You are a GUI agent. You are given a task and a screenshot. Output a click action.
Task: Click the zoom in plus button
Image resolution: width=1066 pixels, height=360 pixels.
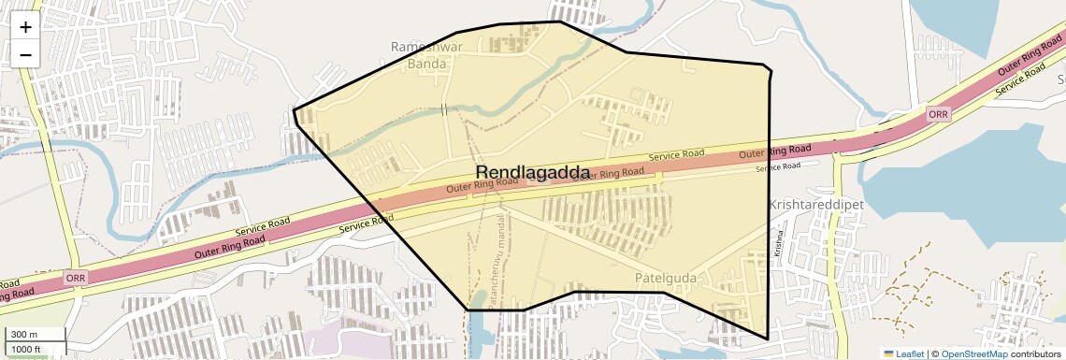click(x=25, y=27)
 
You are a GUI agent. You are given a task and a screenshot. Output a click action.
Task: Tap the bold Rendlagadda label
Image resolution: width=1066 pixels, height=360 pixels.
click(x=533, y=173)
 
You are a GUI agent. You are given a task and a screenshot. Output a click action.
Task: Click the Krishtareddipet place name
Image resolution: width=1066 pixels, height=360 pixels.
click(x=814, y=204)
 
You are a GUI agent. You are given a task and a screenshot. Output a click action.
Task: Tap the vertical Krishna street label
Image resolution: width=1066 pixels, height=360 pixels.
click(x=776, y=242)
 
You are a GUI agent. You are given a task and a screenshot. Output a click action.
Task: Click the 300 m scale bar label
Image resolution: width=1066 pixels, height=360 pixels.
click(x=24, y=335)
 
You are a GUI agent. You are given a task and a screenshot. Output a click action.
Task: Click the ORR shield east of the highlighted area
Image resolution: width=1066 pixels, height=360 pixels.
click(x=938, y=113)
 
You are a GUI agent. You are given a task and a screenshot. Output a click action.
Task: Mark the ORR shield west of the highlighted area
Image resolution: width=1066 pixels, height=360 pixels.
click(x=77, y=279)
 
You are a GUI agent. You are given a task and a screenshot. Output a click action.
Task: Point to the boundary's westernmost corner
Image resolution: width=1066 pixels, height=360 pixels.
click(x=294, y=110)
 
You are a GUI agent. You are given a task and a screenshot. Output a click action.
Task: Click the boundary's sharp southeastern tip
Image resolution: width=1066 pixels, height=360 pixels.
click(x=768, y=338)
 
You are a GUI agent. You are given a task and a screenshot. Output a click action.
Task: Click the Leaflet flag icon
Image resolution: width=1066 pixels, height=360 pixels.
click(x=888, y=353)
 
